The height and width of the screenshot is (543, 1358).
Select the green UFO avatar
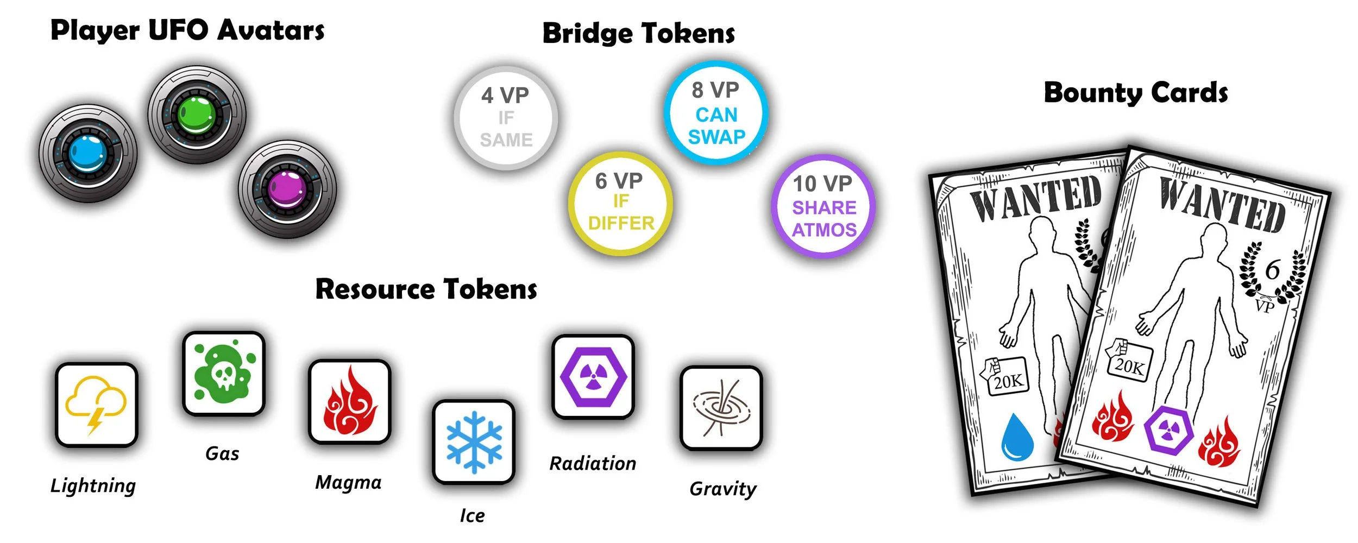197,115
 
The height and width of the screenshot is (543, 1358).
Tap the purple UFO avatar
287,190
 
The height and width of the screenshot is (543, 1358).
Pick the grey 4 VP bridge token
506,118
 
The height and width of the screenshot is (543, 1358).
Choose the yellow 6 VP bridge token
620,203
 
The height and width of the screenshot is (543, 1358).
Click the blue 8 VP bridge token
716,113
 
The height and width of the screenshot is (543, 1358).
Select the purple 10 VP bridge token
823,206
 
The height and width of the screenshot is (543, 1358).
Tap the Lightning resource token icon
96,405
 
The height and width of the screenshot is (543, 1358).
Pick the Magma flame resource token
350,402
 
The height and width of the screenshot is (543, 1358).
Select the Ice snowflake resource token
474,442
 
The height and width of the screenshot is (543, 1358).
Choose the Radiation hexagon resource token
593,377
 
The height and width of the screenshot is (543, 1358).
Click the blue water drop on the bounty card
1017,438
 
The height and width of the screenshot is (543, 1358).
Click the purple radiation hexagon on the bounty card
1168,431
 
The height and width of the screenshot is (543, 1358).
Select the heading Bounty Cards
1135,93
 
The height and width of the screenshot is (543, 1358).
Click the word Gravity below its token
722,489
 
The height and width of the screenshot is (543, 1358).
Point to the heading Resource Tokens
426,289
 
